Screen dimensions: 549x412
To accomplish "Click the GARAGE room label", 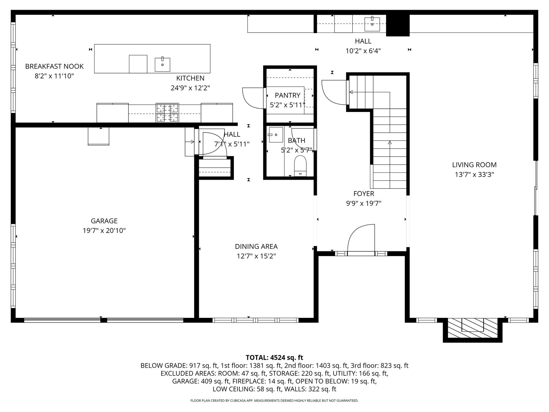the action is point(104,221).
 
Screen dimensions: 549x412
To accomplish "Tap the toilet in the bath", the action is point(300,166).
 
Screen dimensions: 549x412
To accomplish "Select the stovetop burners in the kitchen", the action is point(167,113).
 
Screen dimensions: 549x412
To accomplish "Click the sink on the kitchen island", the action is point(162,64).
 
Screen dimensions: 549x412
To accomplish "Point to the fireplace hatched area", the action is point(473,328).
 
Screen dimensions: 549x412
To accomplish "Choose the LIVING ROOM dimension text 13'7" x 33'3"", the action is point(474,175).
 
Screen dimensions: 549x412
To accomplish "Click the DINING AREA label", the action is point(256,246).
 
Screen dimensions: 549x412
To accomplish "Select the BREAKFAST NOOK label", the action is point(54,66).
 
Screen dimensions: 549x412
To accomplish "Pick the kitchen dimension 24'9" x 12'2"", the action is point(190,88).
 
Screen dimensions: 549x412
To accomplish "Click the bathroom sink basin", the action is point(276,135).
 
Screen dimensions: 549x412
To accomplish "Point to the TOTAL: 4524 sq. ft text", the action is point(274,357).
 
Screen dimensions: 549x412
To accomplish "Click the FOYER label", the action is point(364,194).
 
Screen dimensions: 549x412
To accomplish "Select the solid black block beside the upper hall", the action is point(398,25).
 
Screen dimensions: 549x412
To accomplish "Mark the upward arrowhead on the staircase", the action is point(390,142).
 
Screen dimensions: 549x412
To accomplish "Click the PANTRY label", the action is point(287,95).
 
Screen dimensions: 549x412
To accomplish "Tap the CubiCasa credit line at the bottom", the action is point(274,401).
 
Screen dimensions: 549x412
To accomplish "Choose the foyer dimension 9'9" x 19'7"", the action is point(364,203).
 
